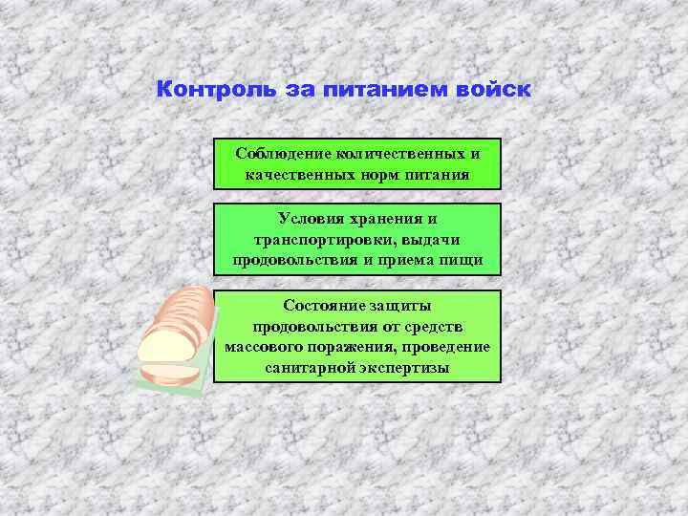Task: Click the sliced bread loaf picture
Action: (175, 335)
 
